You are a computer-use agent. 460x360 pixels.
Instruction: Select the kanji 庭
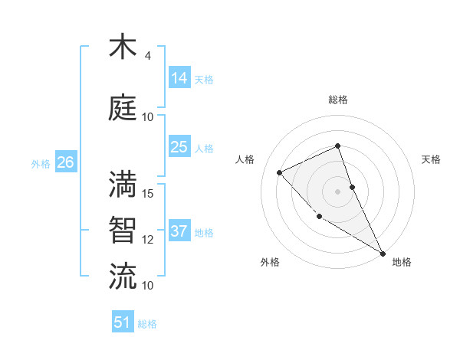pyautogui.click(x=123, y=107)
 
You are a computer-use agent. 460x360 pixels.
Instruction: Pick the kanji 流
pyautogui.click(x=123, y=275)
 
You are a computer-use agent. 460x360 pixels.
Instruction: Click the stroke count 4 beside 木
pyautogui.click(x=148, y=56)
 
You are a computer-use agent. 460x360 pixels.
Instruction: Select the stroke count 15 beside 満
pyautogui.click(x=149, y=193)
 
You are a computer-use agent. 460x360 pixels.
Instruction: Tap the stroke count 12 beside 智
pyautogui.click(x=149, y=240)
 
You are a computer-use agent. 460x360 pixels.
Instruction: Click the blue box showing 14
pyautogui.click(x=179, y=77)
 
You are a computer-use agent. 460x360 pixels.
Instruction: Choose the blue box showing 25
pyautogui.click(x=179, y=147)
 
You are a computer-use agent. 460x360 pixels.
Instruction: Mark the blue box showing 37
pyautogui.click(x=179, y=231)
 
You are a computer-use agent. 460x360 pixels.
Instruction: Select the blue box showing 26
pyautogui.click(x=66, y=162)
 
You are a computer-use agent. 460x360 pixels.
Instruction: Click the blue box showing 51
pyautogui.click(x=123, y=322)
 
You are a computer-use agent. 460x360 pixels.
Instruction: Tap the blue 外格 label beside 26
pyautogui.click(x=41, y=163)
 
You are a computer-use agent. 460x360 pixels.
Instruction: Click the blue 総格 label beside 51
pyautogui.click(x=147, y=324)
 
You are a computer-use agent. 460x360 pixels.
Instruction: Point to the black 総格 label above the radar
pyautogui.click(x=338, y=100)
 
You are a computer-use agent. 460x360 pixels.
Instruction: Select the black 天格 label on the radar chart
pyautogui.click(x=432, y=159)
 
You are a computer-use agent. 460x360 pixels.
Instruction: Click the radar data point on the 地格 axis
pyautogui.click(x=383, y=253)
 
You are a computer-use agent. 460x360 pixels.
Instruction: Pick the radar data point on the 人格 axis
pyautogui.click(x=280, y=172)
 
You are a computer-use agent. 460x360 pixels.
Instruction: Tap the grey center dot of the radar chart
pyautogui.click(x=338, y=191)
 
